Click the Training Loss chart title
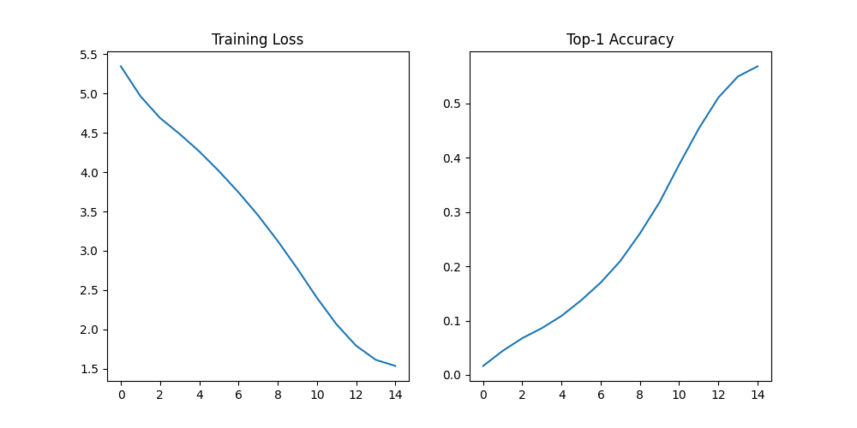click(257, 39)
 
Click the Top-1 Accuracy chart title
click(620, 39)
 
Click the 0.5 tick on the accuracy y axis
click(452, 104)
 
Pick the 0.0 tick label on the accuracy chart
click(452, 376)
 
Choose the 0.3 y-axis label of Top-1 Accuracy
click(452, 212)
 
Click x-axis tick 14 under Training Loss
click(395, 395)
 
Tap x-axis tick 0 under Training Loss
click(121, 395)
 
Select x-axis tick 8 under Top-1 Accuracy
click(640, 395)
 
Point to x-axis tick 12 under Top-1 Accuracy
click(718, 395)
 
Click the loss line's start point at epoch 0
click(121, 66)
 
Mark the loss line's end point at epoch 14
click(395, 366)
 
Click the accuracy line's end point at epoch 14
click(758, 66)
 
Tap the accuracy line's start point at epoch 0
click(483, 366)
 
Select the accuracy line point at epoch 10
click(680, 163)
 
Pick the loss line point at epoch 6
click(238, 192)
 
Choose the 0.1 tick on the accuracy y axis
click(452, 321)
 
